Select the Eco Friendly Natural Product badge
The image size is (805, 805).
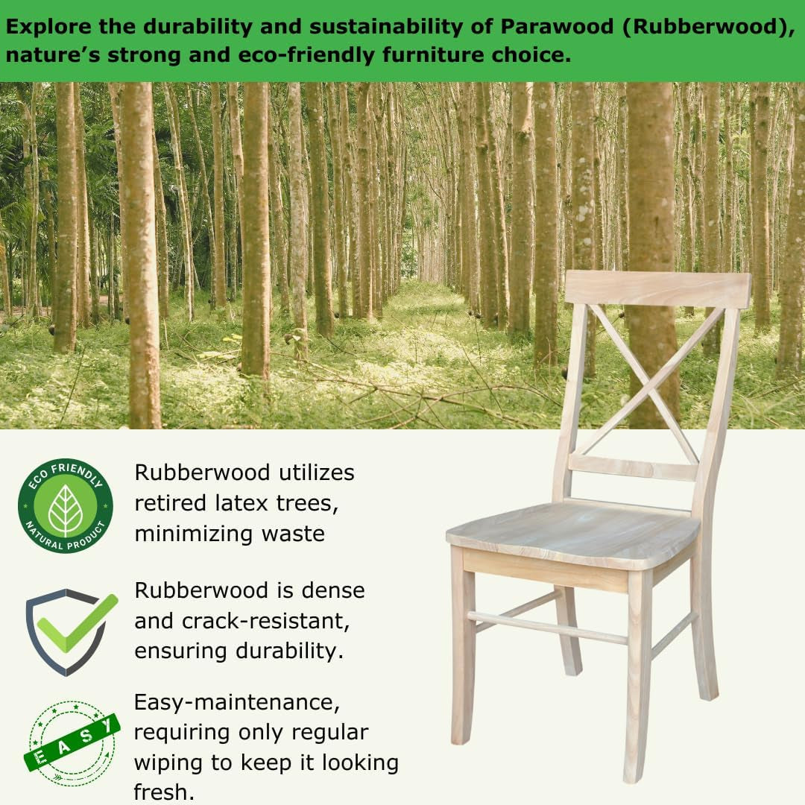tap(66, 505)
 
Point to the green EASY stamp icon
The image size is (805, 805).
tap(71, 742)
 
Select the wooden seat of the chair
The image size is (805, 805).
tap(574, 533)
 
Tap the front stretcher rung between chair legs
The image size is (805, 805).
tap(548, 628)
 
